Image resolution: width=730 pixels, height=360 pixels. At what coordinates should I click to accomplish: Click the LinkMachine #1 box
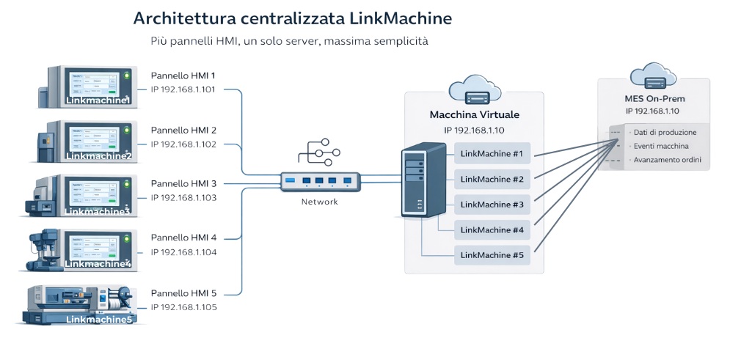point(492,154)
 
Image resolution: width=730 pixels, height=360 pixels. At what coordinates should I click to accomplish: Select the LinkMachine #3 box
point(492,205)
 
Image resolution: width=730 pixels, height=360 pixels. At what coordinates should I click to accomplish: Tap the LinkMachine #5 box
point(492,255)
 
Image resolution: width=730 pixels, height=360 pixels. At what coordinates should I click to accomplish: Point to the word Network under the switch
point(320,202)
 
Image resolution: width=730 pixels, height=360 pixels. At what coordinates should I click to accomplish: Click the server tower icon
point(423,180)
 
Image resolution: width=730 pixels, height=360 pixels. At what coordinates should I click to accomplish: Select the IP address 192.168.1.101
point(183,90)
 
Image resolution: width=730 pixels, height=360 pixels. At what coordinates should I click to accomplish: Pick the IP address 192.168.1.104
point(183,251)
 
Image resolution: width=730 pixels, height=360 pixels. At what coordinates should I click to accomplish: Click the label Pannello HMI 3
point(183,183)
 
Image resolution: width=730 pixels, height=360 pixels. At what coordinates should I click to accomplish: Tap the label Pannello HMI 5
point(183,292)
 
